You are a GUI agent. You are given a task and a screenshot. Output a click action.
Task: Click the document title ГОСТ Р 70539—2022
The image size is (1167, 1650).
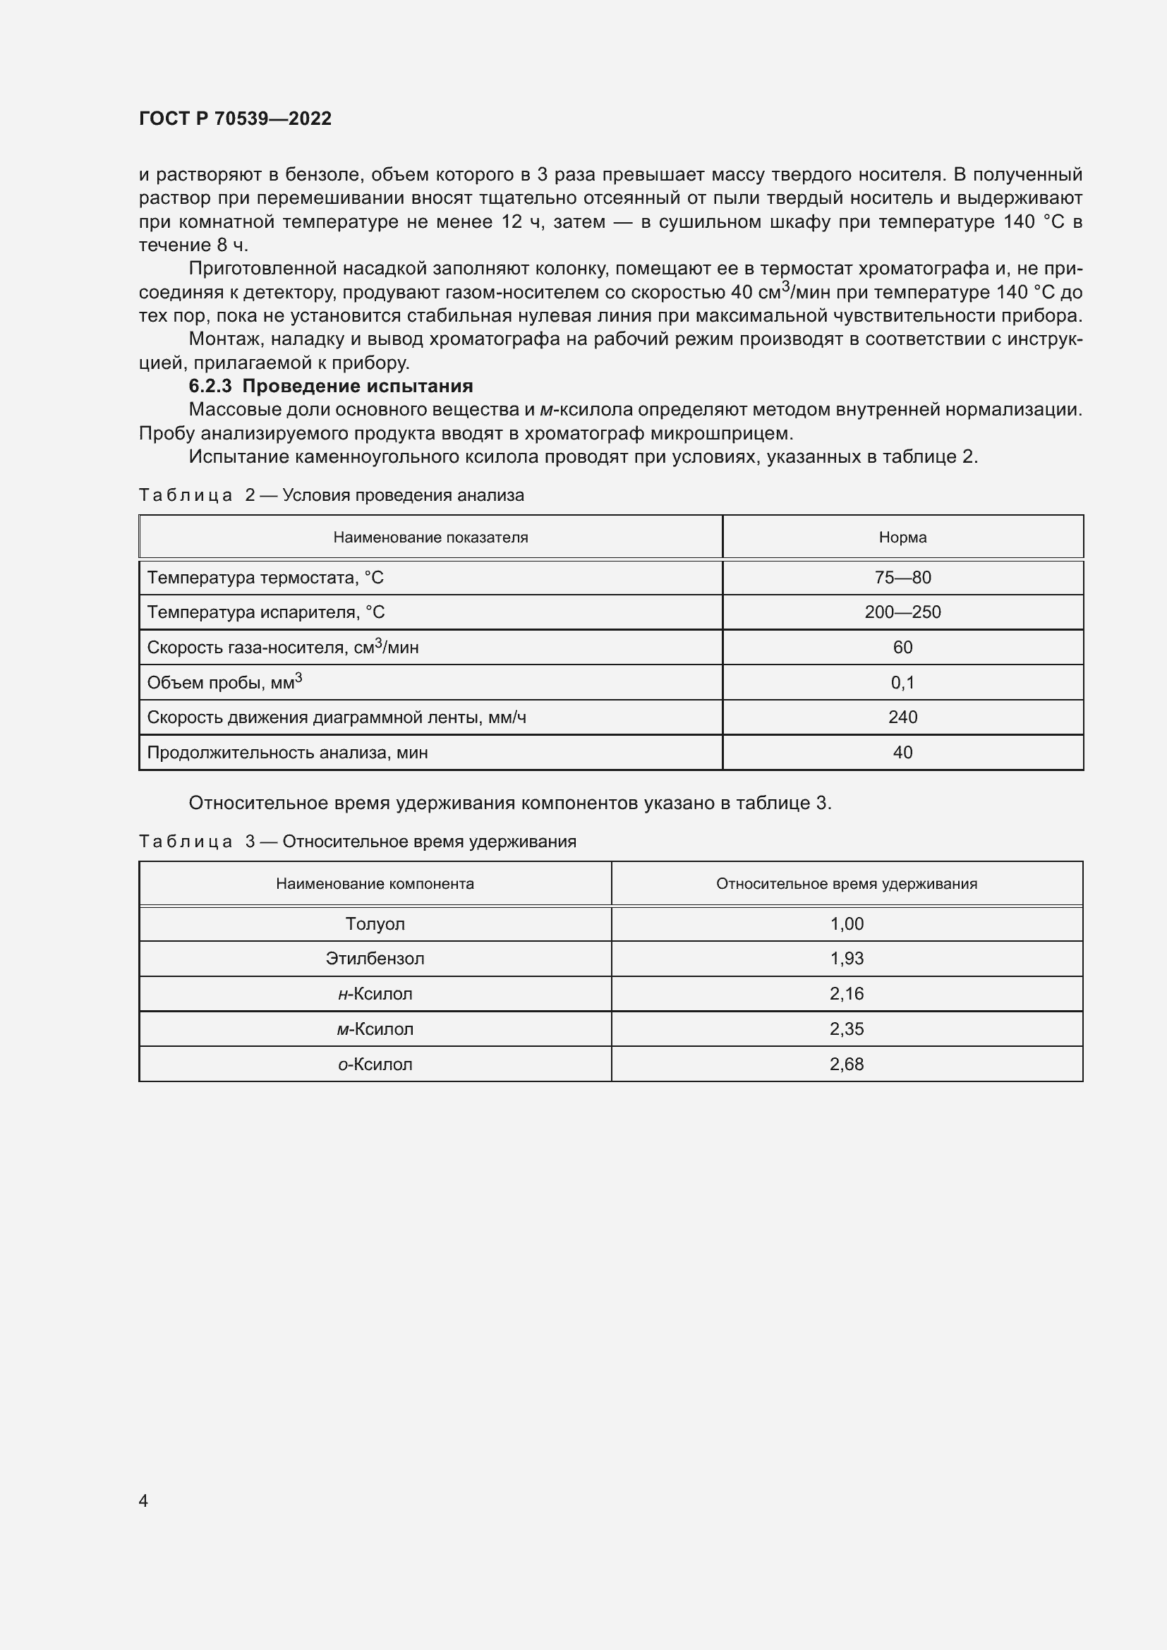click(235, 119)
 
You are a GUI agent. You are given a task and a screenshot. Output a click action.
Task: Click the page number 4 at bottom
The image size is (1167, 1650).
click(144, 1500)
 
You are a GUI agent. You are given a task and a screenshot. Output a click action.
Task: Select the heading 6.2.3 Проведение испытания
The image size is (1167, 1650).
click(330, 386)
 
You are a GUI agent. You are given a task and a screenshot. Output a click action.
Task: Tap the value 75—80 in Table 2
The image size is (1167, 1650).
click(902, 578)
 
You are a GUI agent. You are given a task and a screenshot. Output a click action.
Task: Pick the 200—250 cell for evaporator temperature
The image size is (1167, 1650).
click(902, 612)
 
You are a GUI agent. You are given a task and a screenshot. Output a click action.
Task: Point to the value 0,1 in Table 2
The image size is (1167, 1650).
click(902, 683)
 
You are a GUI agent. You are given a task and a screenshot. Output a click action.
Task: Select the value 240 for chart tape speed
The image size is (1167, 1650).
click(902, 717)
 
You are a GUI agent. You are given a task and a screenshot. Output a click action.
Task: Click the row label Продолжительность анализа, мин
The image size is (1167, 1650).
click(287, 753)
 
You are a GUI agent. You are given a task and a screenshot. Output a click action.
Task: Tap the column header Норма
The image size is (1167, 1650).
click(902, 538)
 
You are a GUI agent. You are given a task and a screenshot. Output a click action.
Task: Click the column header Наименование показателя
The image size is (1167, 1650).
click(430, 538)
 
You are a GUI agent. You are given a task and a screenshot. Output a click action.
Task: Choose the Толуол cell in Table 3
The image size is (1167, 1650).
click(375, 924)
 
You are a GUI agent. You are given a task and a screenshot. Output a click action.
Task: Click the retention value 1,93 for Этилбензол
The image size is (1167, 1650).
click(846, 959)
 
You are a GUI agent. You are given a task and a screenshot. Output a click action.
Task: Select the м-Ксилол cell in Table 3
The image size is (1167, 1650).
click(375, 1029)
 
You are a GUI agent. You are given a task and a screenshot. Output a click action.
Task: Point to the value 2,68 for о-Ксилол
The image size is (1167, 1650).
click(846, 1064)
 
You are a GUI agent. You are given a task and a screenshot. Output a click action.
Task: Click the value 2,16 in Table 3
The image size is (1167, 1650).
click(846, 994)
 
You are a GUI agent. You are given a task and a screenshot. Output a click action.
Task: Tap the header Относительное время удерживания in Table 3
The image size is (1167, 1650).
click(846, 884)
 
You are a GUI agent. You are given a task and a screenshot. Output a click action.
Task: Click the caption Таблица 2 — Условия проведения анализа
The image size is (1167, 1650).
click(332, 495)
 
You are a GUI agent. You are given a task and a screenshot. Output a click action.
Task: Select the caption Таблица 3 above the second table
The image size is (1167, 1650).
click(357, 842)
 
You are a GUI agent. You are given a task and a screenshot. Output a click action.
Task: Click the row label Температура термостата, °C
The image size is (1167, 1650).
click(265, 578)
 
